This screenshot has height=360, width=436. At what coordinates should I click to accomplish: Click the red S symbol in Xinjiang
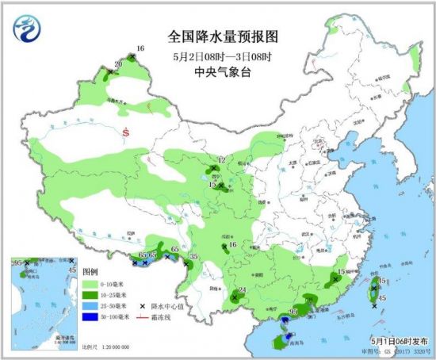click(125, 133)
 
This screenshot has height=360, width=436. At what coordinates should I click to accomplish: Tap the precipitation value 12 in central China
click(222, 161)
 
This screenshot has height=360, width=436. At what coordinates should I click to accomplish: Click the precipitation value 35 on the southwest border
click(194, 256)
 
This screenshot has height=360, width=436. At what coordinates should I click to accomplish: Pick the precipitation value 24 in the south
click(243, 291)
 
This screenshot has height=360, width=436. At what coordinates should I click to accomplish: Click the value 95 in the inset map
click(16, 262)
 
